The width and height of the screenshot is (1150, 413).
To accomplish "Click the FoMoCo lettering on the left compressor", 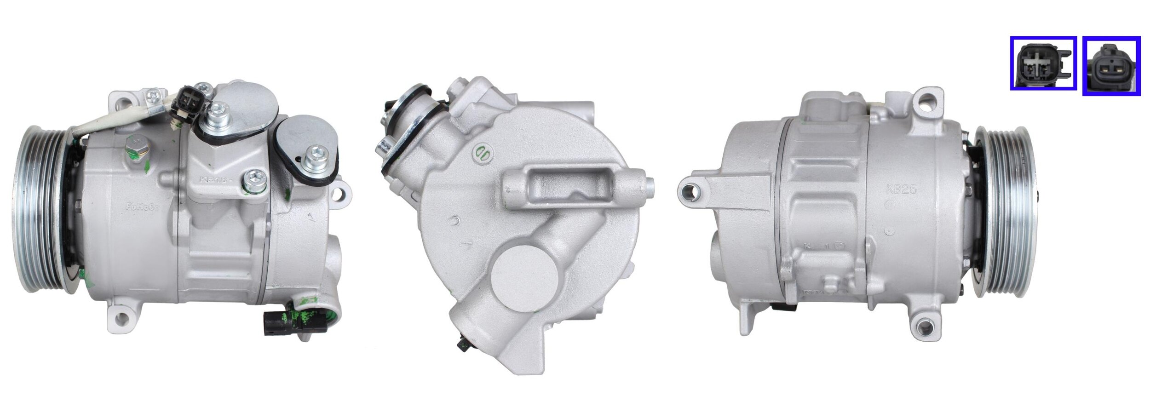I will pos(142,207).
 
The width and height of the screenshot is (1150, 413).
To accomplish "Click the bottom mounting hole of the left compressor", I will pos(121,317).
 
